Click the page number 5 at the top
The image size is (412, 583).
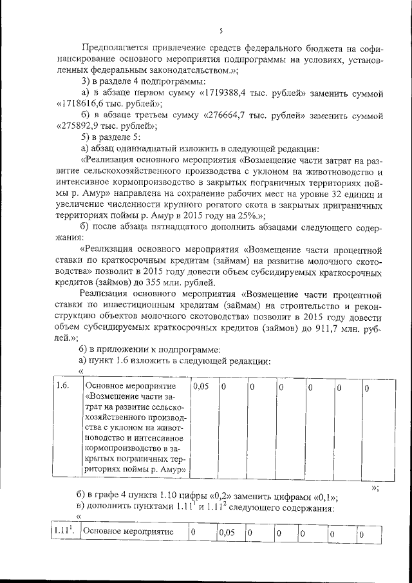pyautogui.click(x=220, y=30)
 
